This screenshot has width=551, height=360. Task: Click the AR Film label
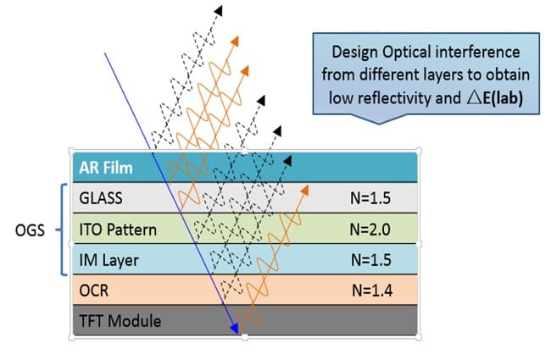tap(106, 168)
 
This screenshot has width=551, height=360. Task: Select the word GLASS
tap(101, 198)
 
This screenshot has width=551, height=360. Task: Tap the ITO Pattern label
tap(118, 230)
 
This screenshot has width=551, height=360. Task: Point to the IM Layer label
tap(109, 260)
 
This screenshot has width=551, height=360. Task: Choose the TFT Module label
tap(120, 321)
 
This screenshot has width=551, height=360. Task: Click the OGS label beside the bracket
tap(30, 230)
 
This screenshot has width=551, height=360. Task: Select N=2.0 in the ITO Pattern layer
tap(370, 230)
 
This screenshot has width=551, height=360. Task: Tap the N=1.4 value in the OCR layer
tap(372, 291)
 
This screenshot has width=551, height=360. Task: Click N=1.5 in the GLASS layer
tap(370, 198)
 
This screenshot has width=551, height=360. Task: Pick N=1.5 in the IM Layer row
tap(371, 260)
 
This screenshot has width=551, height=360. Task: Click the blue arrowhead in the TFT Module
tap(234, 329)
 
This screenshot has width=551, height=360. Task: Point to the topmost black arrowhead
tap(219, 10)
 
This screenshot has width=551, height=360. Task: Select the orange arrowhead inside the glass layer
tap(304, 191)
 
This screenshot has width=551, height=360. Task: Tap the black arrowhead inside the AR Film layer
tap(288, 161)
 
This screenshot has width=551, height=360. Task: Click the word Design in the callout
tap(354, 53)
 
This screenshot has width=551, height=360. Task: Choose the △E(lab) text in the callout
tap(495, 98)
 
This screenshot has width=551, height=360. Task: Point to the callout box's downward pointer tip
tap(379, 124)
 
